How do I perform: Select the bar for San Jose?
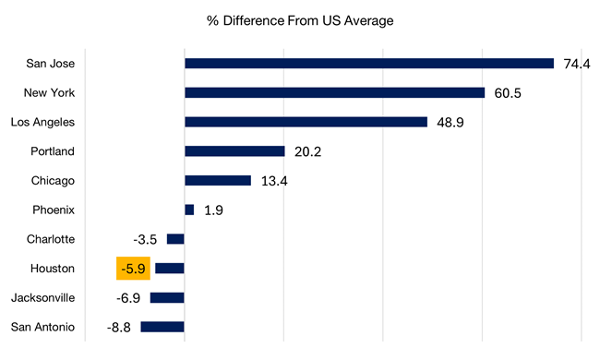pos(368,64)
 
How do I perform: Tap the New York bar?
pos(334,92)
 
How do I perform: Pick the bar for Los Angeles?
pos(306,122)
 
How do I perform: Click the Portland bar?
pos(234,151)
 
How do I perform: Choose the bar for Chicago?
pos(218,181)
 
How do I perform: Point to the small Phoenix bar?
pos(189,210)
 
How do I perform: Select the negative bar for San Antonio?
pos(162,327)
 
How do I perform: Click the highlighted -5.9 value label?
pos(133,269)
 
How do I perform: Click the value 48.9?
pos(451,123)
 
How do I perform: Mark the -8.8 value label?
pos(118,327)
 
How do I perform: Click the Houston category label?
pos(51,269)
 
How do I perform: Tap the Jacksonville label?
pos(42,298)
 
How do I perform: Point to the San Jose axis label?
pos(50,64)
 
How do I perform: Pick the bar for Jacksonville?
pos(167,297)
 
